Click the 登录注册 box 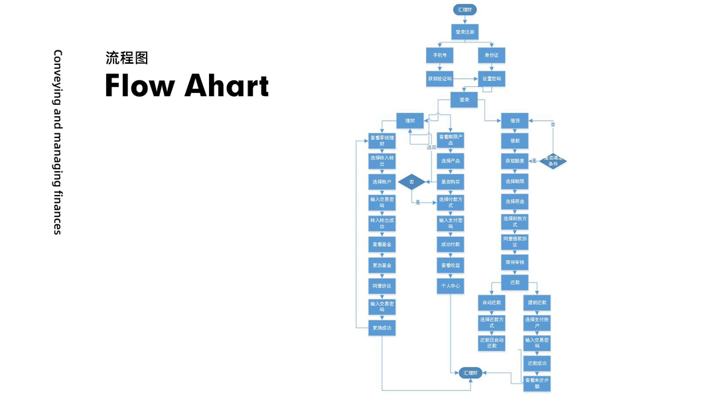point(464,31)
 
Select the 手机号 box point(439,55)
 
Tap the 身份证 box point(492,55)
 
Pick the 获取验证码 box point(439,78)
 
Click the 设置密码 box point(492,78)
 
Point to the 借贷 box point(515,121)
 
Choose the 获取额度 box point(515,161)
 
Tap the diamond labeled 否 point(411,181)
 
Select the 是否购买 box point(451,181)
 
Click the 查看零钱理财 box point(382,141)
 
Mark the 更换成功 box point(382,327)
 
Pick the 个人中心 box point(451,286)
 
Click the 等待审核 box point(515,263)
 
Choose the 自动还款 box point(492,302)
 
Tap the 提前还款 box point(537,302)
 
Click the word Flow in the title point(140,86)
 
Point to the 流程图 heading point(127,58)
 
